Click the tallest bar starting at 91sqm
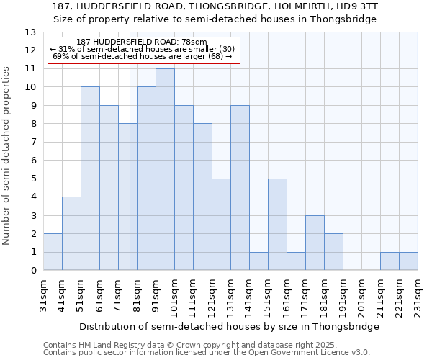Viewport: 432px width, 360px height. coord(165,170)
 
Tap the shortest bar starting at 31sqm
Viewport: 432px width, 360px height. coord(53,252)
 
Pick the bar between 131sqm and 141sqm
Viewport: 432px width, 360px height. coord(240,188)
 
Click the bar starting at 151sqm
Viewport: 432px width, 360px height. coord(277,225)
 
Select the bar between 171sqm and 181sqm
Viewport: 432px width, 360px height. coord(315,243)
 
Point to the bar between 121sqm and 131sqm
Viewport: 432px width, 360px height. coord(221,225)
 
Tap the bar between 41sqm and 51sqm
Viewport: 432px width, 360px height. coord(71,234)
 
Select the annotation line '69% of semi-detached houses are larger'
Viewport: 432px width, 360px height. coord(142,56)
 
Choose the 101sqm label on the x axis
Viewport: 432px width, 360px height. coord(175,294)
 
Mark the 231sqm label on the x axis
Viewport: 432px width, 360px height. coord(418,294)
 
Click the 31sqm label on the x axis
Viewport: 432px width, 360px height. coord(44,294)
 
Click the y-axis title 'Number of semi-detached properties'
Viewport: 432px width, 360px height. coord(6,156)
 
